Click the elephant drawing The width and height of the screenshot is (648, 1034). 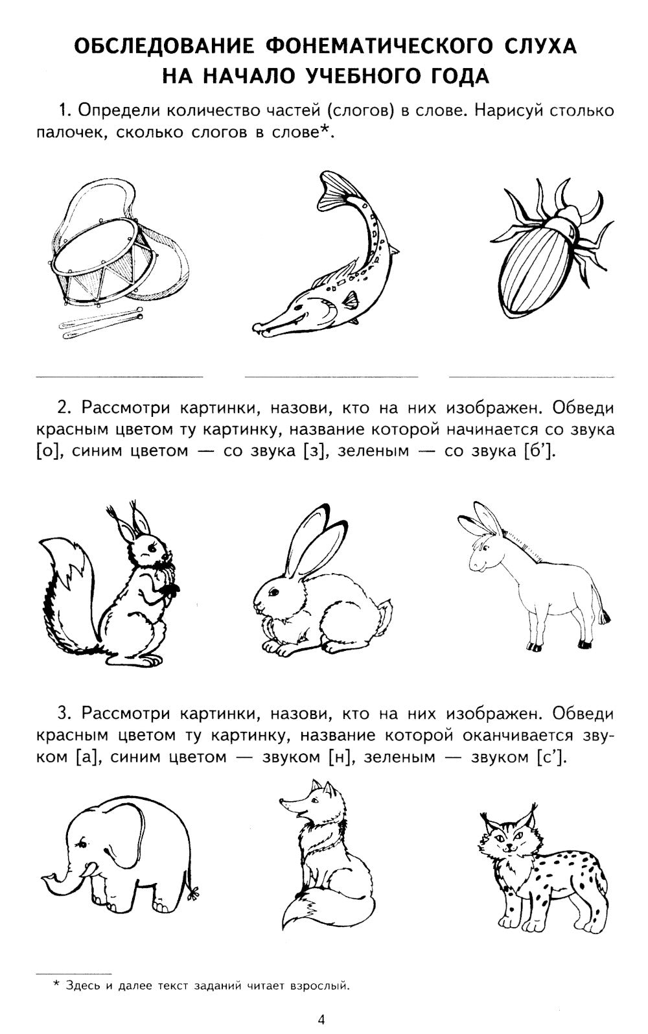(123, 856)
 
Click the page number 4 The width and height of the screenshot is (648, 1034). (321, 1019)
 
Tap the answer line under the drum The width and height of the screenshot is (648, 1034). (118, 376)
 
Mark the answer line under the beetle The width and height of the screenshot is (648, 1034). (531, 376)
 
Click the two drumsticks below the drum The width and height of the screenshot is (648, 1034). (100, 324)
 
